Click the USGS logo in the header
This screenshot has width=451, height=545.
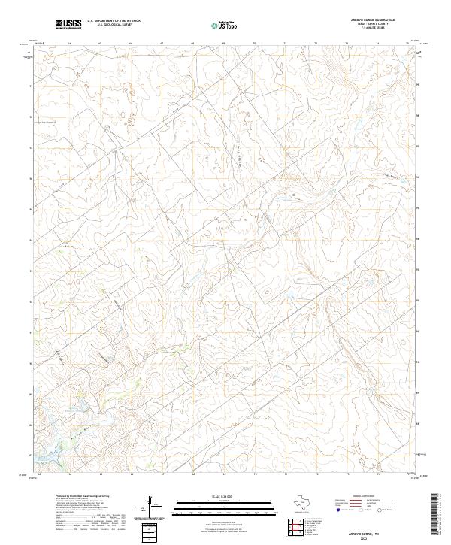[x=69, y=25]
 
